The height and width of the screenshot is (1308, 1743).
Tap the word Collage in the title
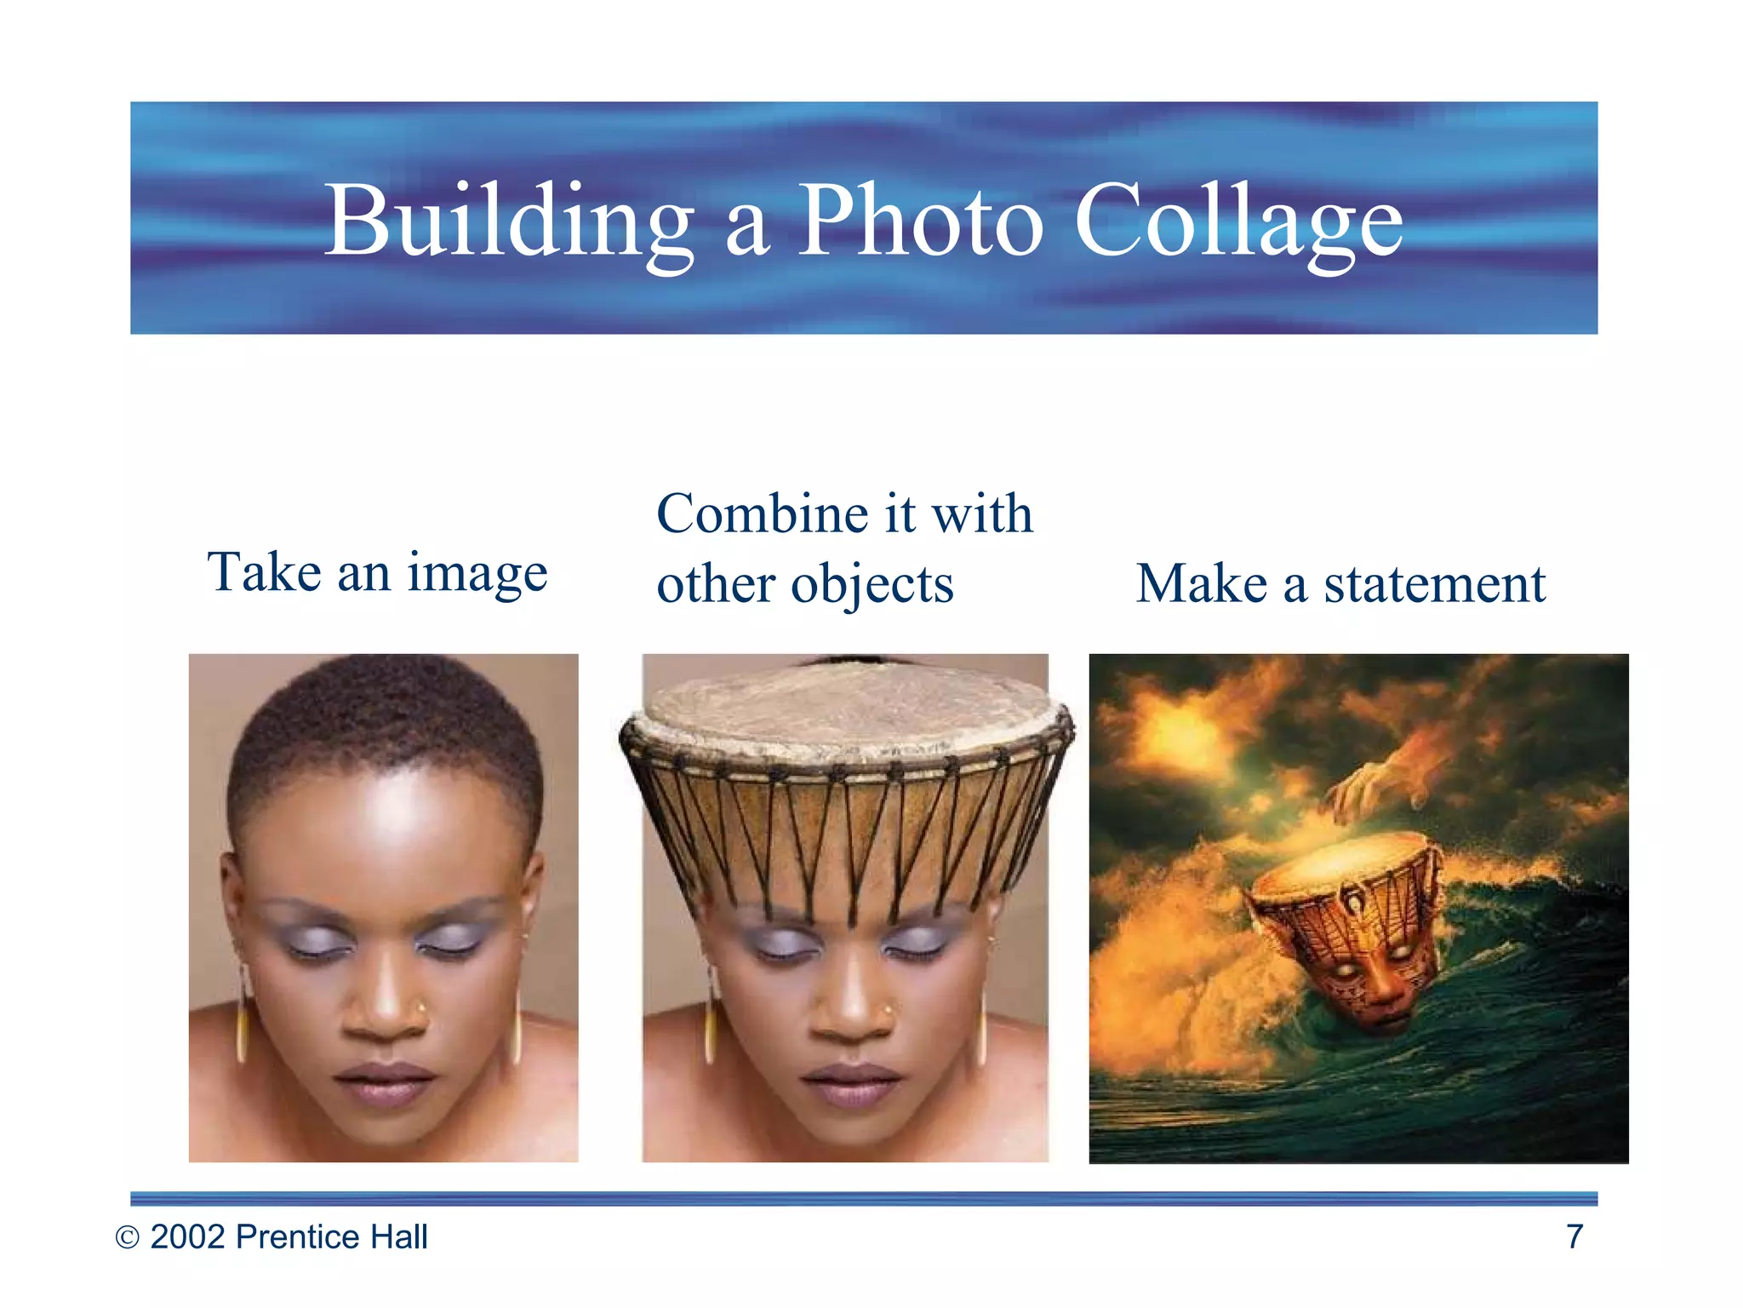1238,221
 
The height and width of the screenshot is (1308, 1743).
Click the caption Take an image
377,572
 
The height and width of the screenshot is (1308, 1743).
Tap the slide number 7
1574,1236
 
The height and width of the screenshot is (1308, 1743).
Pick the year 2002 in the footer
188,1237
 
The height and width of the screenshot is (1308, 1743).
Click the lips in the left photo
385,1083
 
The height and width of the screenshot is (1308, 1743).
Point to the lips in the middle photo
850,1084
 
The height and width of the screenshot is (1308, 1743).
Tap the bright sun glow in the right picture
1183,732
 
